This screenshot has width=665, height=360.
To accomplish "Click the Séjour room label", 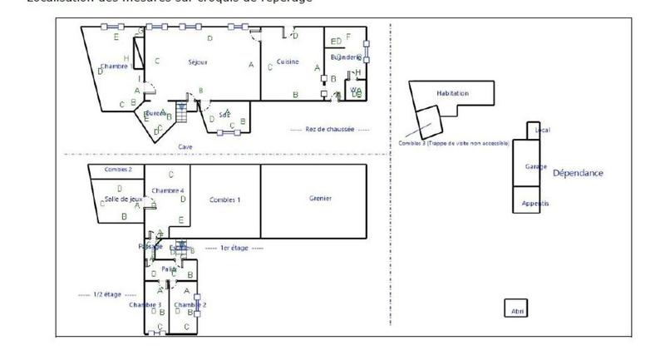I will [x=198, y=62].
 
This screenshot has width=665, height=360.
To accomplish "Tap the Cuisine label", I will [x=288, y=62].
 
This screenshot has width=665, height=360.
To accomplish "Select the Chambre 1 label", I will [x=113, y=66].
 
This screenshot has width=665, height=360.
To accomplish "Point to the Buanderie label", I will [x=346, y=57].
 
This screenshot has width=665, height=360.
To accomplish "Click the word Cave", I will [x=185, y=146].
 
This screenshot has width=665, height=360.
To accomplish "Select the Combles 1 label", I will [x=224, y=200].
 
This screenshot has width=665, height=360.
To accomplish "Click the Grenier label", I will [x=320, y=199].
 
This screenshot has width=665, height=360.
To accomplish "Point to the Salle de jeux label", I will [x=123, y=200].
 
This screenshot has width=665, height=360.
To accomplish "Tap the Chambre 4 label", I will [x=168, y=191].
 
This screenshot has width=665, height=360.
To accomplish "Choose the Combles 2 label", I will [x=118, y=170].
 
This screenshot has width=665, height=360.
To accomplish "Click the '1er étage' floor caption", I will [x=234, y=248].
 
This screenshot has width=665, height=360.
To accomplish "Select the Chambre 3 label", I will [x=145, y=305].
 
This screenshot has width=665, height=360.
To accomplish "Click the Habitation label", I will [x=453, y=93].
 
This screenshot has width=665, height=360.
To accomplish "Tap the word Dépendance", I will [x=578, y=173].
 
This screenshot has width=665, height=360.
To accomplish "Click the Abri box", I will [x=516, y=310].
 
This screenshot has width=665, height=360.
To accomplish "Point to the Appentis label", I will [x=535, y=204].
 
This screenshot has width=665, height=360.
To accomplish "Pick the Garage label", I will [x=536, y=166].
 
